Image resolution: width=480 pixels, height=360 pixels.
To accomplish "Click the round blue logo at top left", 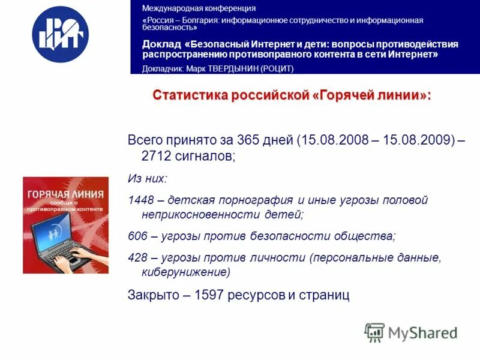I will [60, 34].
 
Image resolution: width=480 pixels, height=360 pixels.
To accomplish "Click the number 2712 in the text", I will [154, 156].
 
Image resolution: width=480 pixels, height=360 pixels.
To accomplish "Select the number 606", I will [137, 236].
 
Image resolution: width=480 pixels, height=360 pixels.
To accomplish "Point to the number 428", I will [137, 257].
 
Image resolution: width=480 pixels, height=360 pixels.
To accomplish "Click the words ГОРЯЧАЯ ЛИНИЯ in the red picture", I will [65, 195].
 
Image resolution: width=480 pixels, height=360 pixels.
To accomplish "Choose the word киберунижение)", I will [186, 272].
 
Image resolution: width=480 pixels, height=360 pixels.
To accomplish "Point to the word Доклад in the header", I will [161, 44].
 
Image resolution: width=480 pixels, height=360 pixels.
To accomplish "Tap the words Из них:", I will [148, 178].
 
